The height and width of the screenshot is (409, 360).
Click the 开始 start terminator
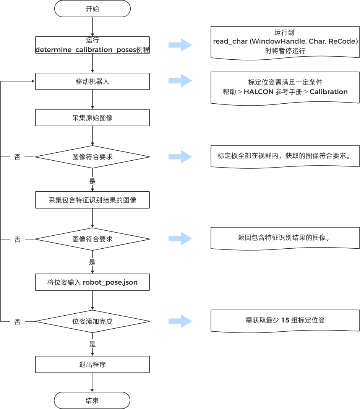tap(92, 9)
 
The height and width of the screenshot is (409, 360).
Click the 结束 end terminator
tap(92, 401)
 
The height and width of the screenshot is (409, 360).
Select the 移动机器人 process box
tap(92, 81)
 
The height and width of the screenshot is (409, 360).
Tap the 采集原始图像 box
tap(92, 118)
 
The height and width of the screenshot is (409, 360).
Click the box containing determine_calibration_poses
tap(92, 45)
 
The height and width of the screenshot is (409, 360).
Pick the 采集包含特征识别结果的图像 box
tap(92, 200)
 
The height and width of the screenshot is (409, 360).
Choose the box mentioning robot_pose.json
tap(92, 283)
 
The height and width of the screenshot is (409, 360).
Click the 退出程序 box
tap(92, 365)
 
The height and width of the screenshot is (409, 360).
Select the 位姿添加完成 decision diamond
tap(92, 321)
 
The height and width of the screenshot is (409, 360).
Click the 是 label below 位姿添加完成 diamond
tap(92, 344)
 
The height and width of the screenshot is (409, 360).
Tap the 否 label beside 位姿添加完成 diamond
tap(18, 322)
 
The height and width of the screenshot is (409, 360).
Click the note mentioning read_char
tap(285, 42)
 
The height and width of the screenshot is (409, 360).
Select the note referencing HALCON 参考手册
tap(285, 87)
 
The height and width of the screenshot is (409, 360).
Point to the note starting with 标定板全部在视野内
tap(285, 156)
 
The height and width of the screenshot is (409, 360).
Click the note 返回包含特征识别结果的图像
tap(285, 238)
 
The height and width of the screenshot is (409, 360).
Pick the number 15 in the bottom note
tap(285, 320)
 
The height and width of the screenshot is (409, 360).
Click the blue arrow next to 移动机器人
tap(180, 81)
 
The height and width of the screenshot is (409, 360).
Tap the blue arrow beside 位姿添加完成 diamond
tap(180, 321)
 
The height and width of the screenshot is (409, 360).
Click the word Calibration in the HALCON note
tap(329, 92)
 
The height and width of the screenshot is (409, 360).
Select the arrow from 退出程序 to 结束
tap(92, 382)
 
